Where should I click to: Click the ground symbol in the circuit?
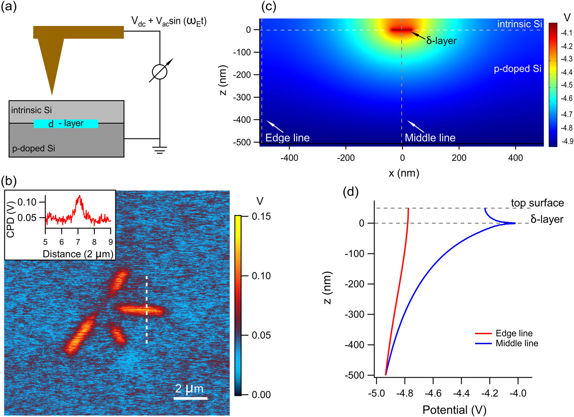[x=160, y=150]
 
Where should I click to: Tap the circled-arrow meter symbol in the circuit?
[x=160, y=72]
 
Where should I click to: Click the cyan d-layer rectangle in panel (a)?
[x=66, y=123]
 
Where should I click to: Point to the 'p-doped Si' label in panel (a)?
[x=33, y=148]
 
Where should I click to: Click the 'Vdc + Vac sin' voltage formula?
[x=169, y=21]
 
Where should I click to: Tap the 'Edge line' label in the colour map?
[x=287, y=138]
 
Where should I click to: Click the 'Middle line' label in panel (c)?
[x=430, y=138]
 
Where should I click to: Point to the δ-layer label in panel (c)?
[x=441, y=41]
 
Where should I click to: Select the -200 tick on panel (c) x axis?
[x=346, y=158]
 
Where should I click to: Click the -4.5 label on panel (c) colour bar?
[x=566, y=85]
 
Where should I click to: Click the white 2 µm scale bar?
[x=190, y=398]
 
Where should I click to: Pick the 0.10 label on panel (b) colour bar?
[x=261, y=276]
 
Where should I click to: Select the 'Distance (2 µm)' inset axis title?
[x=78, y=254]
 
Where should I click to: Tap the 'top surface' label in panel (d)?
[x=537, y=203]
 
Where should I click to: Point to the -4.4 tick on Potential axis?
[x=461, y=393]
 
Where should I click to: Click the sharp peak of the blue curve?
[x=514, y=223]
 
